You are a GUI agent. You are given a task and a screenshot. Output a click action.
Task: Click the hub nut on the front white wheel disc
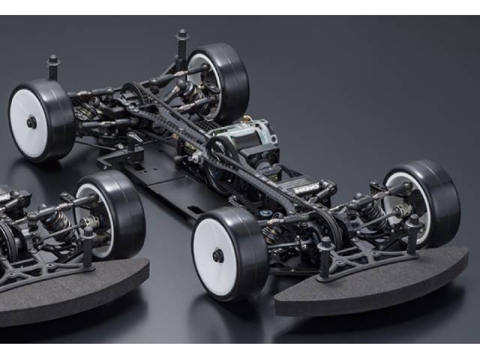pyautogui.click(x=218, y=256)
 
